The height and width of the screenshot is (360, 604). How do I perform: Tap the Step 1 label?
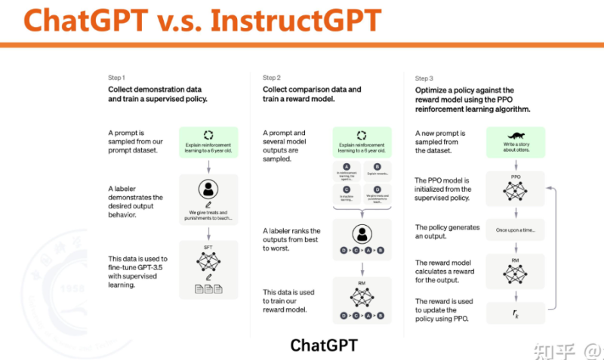click(116, 78)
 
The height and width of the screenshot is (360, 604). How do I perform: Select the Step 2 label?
click(271, 78)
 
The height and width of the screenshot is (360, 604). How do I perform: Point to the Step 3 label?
click(424, 78)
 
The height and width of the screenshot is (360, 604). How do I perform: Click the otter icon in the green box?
click(515, 134)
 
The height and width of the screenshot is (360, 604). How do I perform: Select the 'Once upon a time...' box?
click(516, 229)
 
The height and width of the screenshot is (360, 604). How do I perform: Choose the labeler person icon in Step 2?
click(361, 233)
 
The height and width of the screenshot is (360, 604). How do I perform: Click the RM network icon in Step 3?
click(516, 267)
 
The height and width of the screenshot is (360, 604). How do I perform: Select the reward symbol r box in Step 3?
click(516, 312)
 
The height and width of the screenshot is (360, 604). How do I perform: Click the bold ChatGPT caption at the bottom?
click(324, 345)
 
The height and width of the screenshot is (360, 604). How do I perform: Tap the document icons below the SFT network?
click(208, 289)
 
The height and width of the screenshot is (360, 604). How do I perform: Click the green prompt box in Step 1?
click(208, 142)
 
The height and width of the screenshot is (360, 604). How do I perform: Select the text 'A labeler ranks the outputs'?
click(291, 235)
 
